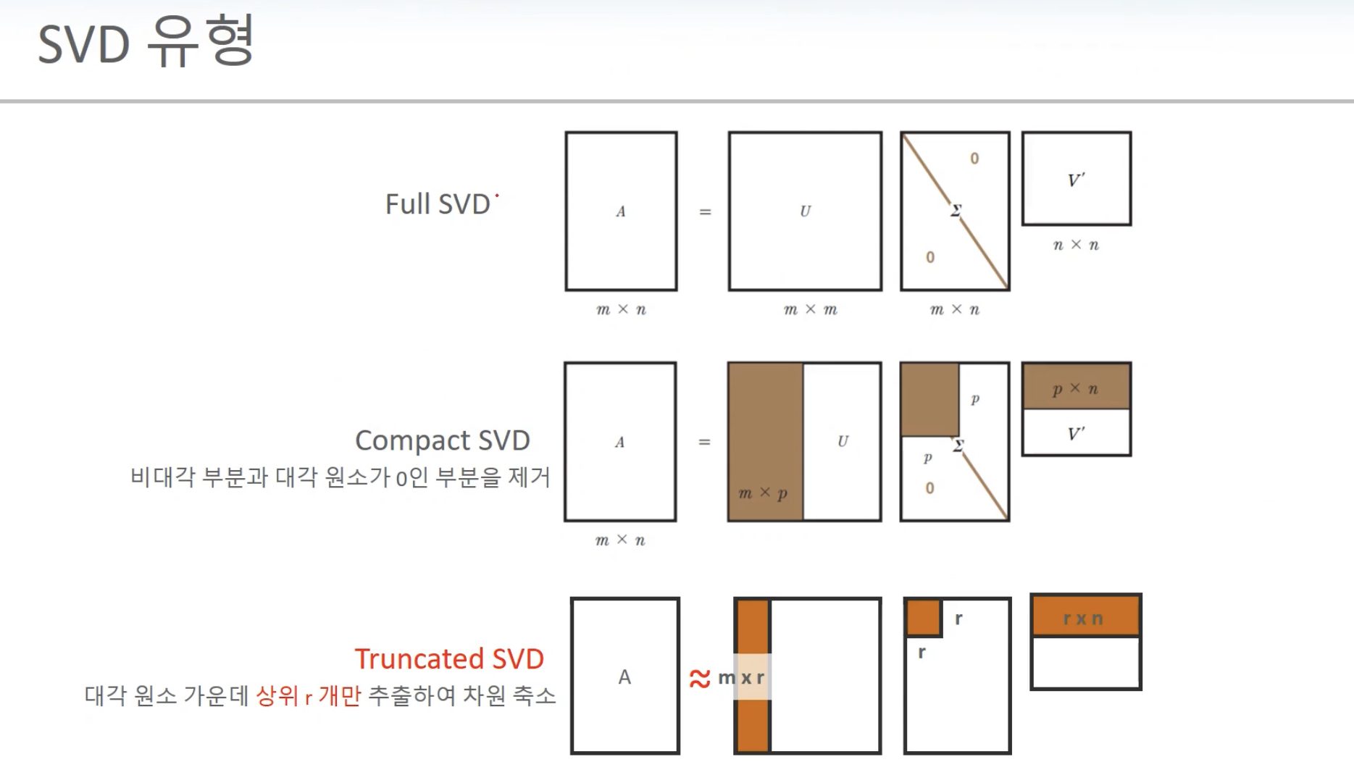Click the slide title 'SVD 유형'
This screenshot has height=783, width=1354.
pyautogui.click(x=146, y=43)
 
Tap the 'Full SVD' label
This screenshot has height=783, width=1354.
pyautogui.click(x=438, y=204)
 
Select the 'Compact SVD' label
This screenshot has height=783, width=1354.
pyautogui.click(x=442, y=440)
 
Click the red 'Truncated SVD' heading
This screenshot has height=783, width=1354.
pyautogui.click(x=449, y=659)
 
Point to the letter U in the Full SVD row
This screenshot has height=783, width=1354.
pyautogui.click(x=805, y=212)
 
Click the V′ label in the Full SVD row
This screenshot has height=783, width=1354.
pyautogui.click(x=1076, y=180)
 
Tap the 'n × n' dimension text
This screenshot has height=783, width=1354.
pyautogui.click(x=1076, y=246)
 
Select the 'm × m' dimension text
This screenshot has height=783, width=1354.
pyautogui.click(x=810, y=310)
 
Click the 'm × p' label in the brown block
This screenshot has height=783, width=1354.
pyautogui.click(x=762, y=493)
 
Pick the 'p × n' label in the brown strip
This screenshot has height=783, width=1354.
pyautogui.click(x=1075, y=389)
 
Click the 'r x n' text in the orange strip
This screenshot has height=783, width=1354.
pyautogui.click(x=1083, y=619)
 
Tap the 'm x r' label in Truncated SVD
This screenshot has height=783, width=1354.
pyautogui.click(x=741, y=678)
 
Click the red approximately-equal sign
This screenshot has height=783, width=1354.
pyautogui.click(x=700, y=679)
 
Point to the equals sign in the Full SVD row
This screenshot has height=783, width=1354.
pyautogui.click(x=705, y=212)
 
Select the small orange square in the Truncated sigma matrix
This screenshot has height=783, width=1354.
pyautogui.click(x=924, y=618)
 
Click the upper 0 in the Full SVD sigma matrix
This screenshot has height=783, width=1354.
pyautogui.click(x=974, y=159)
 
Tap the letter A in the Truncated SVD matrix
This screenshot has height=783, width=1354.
pyautogui.click(x=624, y=677)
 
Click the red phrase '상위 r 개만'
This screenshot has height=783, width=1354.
pyautogui.click(x=308, y=696)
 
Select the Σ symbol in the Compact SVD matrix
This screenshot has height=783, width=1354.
pyautogui.click(x=958, y=445)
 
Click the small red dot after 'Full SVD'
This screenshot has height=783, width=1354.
pyautogui.click(x=497, y=196)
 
